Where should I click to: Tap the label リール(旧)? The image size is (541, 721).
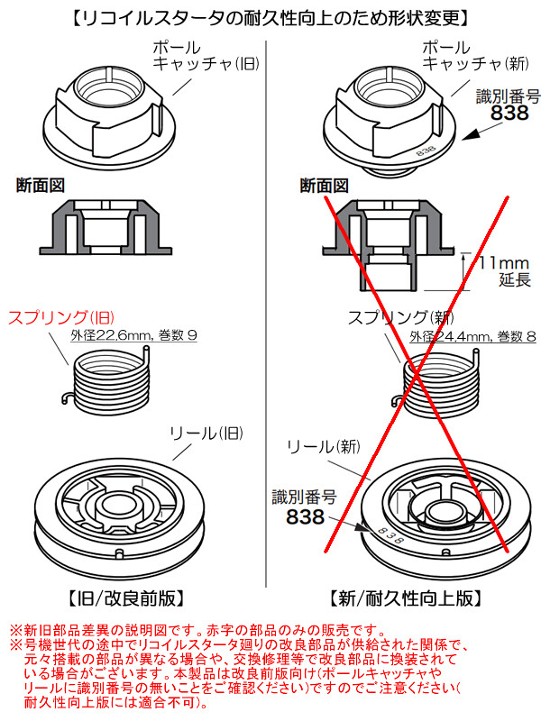coord(206,434)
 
